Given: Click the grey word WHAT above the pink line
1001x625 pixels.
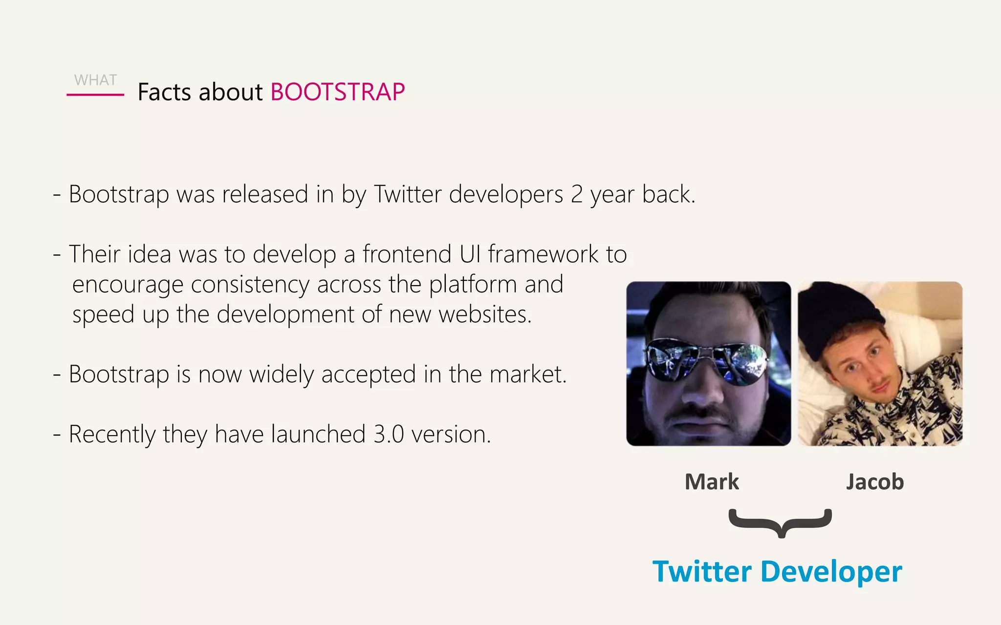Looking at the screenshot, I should pyautogui.click(x=95, y=80).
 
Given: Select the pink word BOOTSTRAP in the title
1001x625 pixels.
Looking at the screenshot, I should pyautogui.click(x=337, y=92).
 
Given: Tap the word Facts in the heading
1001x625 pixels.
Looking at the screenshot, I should pyautogui.click(x=164, y=92).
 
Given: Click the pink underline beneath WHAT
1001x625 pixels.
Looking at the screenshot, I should pyautogui.click(x=95, y=94).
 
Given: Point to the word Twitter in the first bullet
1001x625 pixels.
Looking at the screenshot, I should pyautogui.click(x=408, y=194).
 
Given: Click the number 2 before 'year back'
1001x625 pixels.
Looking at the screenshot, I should pyautogui.click(x=577, y=194).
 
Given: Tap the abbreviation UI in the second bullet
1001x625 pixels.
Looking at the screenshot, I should pyautogui.click(x=470, y=254).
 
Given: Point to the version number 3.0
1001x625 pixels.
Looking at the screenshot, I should pyautogui.click(x=389, y=435).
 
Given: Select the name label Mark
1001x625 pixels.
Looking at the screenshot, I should pyautogui.click(x=712, y=482).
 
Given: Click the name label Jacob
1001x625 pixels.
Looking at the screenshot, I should pyautogui.click(x=875, y=482).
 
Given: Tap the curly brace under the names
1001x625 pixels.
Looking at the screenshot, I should pyautogui.click(x=780, y=522).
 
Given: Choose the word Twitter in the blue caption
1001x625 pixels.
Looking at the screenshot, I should pyautogui.click(x=702, y=571).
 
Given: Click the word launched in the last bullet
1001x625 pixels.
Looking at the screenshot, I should pyautogui.click(x=318, y=435).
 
